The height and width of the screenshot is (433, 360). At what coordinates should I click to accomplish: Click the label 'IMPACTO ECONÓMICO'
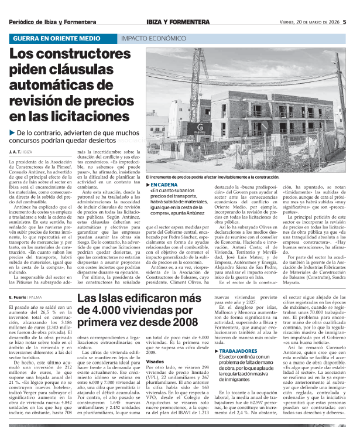149,39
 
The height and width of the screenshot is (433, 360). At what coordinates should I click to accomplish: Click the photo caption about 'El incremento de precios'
229,176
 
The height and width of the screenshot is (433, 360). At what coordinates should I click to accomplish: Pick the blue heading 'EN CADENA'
163,185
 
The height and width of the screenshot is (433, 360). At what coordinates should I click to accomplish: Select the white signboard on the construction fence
200,128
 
